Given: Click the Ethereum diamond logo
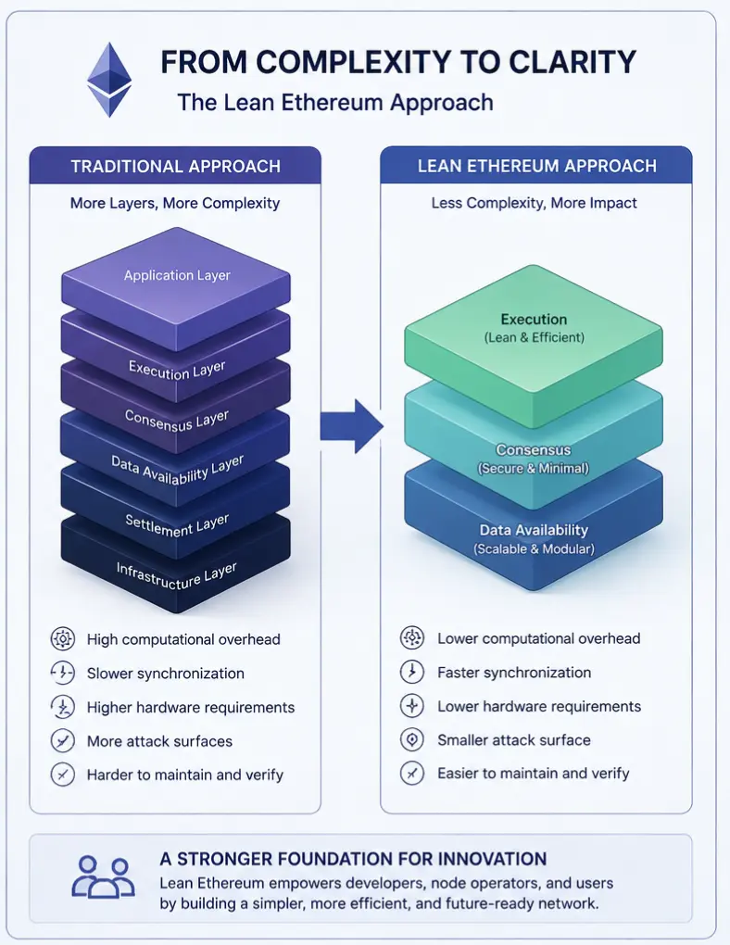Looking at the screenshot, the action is pyautogui.click(x=109, y=80).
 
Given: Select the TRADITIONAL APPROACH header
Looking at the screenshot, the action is pyautogui.click(x=175, y=167).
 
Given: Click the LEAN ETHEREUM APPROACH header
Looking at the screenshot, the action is pyautogui.click(x=536, y=166).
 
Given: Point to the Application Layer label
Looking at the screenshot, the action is pyautogui.click(x=177, y=275).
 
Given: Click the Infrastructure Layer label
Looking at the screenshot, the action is pyautogui.click(x=176, y=576).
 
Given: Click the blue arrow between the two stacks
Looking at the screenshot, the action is pyautogui.click(x=351, y=426).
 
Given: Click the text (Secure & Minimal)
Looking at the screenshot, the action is pyautogui.click(x=534, y=468).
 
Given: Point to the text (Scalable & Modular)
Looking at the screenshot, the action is pyautogui.click(x=535, y=549).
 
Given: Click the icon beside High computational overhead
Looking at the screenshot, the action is pyautogui.click(x=63, y=639).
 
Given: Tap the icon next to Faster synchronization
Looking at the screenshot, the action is pyautogui.click(x=412, y=672).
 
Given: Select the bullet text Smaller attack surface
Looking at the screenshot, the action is pyautogui.click(x=514, y=740).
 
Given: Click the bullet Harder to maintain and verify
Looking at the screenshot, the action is pyautogui.click(x=185, y=775).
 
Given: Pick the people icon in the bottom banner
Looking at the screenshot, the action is pyautogui.click(x=103, y=877).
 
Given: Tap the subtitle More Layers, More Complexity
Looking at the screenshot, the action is pyautogui.click(x=175, y=203).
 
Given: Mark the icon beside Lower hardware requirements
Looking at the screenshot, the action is pyautogui.click(x=412, y=706).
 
